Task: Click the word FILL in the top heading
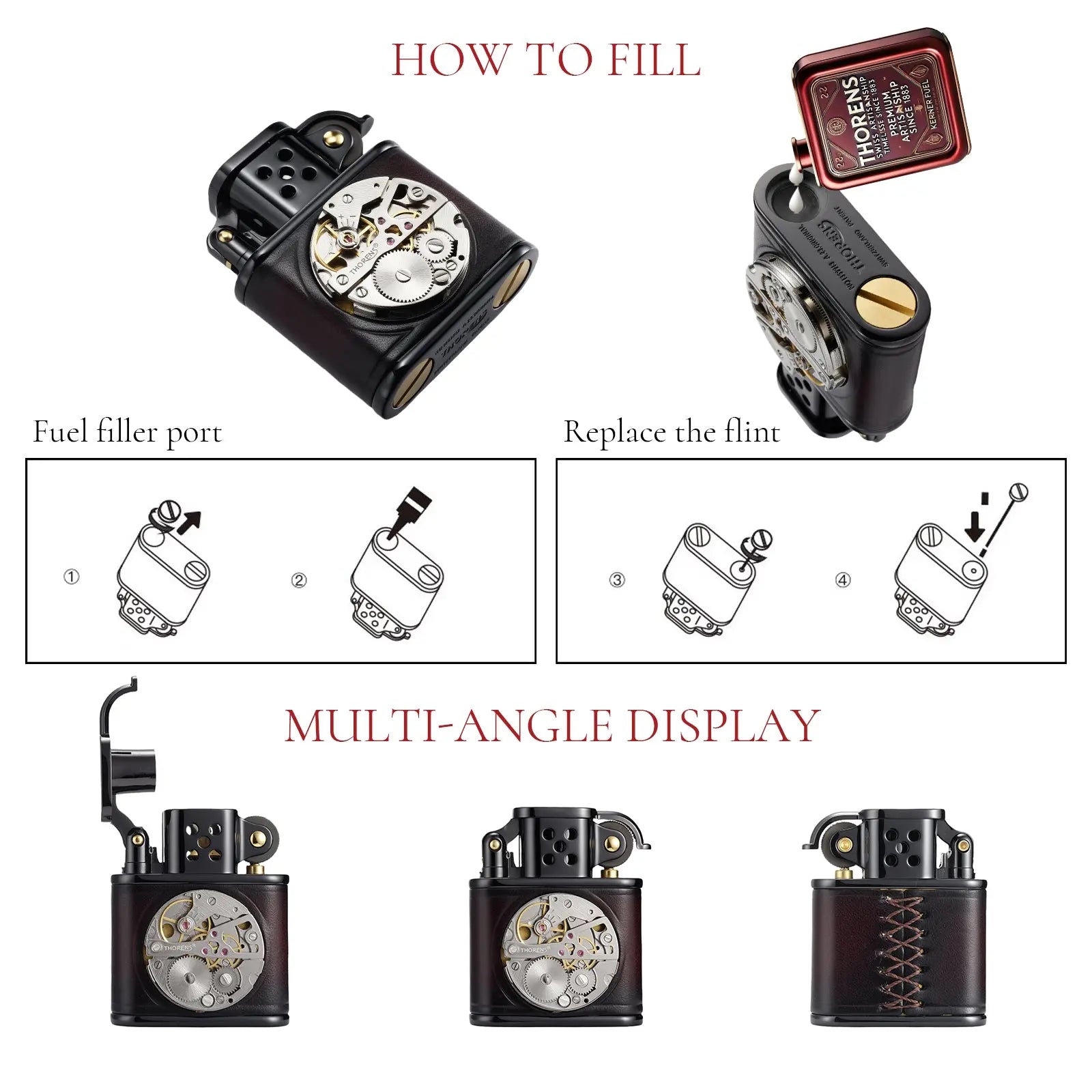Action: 654,60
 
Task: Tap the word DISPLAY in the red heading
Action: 723,725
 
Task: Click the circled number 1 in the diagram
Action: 71,577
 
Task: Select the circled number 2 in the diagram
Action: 299,580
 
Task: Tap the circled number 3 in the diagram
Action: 616,580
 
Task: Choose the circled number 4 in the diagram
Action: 843,580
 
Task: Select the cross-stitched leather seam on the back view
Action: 899,952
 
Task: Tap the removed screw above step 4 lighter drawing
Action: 1020,491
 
